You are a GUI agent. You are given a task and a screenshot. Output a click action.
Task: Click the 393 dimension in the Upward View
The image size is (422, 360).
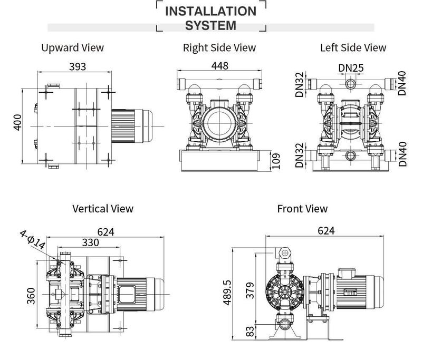tap(78, 66)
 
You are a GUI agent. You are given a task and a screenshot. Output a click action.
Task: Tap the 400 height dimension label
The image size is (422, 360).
tap(17, 122)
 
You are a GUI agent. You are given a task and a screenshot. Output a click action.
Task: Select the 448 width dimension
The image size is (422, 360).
tap(219, 65)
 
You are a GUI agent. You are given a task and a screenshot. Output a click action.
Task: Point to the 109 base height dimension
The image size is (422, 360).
tap(276, 161)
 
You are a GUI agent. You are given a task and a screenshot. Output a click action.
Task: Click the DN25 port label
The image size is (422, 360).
tap(351, 68)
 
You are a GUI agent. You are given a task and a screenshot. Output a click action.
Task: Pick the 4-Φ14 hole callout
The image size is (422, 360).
tap(33, 239)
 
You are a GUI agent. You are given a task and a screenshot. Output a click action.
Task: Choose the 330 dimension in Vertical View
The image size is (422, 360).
tap(90, 242)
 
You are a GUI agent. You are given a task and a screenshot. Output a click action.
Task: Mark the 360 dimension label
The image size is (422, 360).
tap(31, 296)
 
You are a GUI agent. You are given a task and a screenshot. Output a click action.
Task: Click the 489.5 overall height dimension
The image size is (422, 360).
tap(227, 293)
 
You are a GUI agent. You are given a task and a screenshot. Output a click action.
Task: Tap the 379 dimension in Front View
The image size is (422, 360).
tap(250, 290)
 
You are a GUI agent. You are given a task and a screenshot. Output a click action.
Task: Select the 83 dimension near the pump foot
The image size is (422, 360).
tap(250, 331)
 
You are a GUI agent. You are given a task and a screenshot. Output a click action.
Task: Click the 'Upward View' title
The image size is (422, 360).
tap(72, 47)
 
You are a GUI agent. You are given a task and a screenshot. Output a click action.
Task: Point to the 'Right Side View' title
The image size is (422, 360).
tap(219, 47)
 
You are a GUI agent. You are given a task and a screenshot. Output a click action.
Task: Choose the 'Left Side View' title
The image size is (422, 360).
tap(353, 47)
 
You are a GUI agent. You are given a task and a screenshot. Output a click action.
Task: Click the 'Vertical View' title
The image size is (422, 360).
tap(103, 209)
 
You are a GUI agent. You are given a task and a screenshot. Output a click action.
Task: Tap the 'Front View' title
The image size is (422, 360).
tap(302, 209)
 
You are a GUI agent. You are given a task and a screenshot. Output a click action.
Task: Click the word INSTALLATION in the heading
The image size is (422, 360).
tap(210, 11)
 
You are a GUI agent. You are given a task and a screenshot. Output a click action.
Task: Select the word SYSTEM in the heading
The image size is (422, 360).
tap(210, 25)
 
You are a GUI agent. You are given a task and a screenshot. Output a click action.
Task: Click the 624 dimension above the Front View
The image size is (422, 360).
tap(326, 231)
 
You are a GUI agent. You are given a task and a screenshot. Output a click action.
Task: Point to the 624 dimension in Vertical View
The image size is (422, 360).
tap(106, 232)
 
